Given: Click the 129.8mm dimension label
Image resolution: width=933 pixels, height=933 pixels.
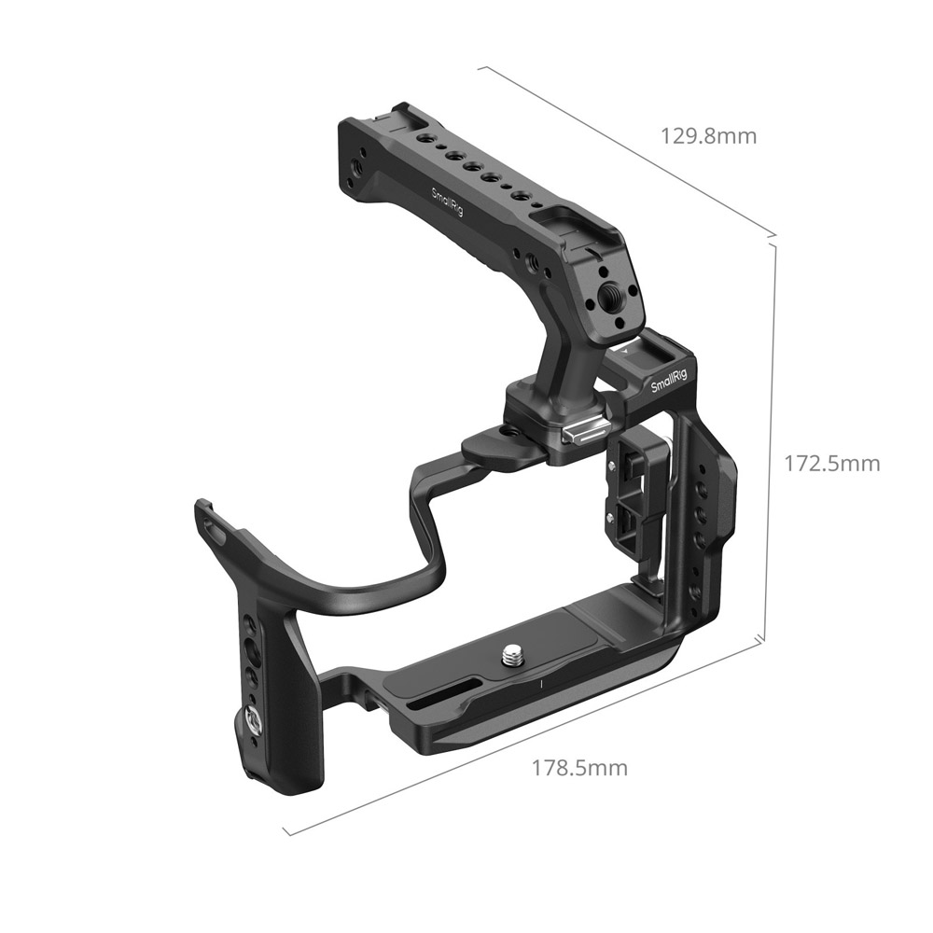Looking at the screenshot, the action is [x=709, y=136].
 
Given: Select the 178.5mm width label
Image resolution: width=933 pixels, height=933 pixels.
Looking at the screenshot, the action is [x=579, y=768].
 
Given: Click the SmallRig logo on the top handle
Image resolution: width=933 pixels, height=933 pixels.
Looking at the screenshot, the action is [x=448, y=202].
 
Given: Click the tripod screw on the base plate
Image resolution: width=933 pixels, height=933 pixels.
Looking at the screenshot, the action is [x=511, y=657].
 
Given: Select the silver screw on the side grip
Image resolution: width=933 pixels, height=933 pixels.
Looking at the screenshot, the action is [x=250, y=720].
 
